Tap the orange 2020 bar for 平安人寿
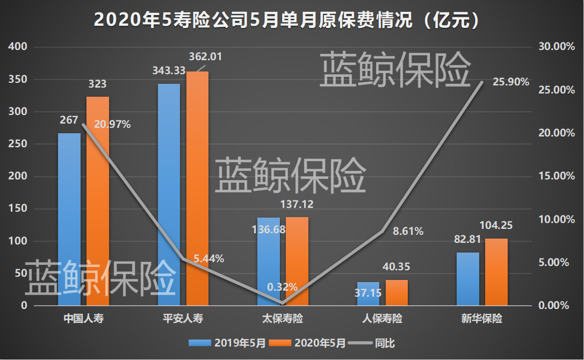(x=197, y=188)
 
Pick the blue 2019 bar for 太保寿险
(x=269, y=262)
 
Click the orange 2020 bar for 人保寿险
(x=396, y=293)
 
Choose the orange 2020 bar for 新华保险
(x=496, y=272)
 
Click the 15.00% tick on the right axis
(x=554, y=176)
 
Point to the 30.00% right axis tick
(x=554, y=47)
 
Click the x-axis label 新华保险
(x=482, y=319)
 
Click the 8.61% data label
(x=408, y=232)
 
